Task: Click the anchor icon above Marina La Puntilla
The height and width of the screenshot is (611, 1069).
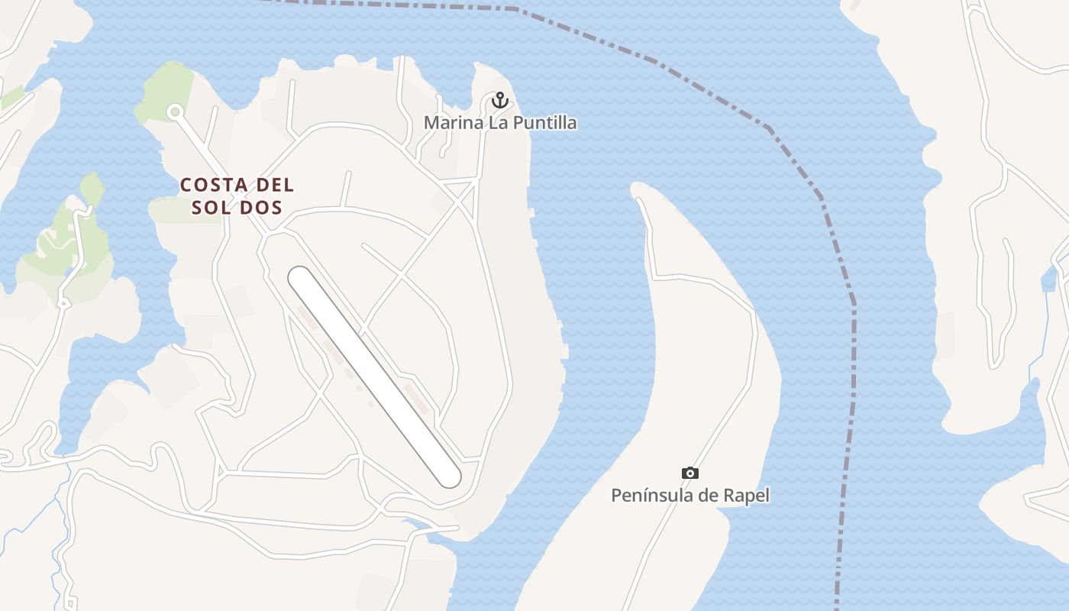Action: click(x=499, y=99)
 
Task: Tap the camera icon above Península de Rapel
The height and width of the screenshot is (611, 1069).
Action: click(x=690, y=474)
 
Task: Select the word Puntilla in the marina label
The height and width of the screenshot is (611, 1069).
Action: click(x=544, y=122)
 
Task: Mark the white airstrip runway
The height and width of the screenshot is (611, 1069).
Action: click(x=374, y=377)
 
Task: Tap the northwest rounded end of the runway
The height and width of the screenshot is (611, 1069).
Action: click(x=300, y=278)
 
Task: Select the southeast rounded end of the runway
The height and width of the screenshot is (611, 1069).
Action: click(x=449, y=477)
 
